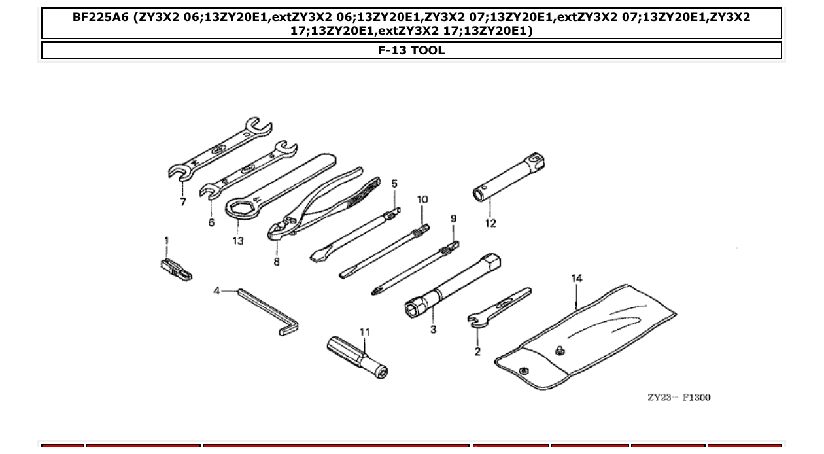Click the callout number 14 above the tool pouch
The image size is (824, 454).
(x=576, y=279)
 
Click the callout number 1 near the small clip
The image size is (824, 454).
(x=166, y=241)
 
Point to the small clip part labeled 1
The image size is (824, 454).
(x=175, y=269)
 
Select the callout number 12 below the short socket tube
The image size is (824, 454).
(x=490, y=223)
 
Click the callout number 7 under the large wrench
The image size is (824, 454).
(x=183, y=202)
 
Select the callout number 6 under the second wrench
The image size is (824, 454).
(x=211, y=222)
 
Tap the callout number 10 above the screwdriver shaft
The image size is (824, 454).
(x=422, y=200)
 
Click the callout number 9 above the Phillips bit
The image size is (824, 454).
(x=453, y=218)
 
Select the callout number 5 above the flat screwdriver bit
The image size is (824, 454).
(x=394, y=184)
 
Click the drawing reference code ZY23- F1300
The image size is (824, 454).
(x=678, y=398)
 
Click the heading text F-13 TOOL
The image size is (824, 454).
(x=411, y=50)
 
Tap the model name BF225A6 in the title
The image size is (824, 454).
(x=100, y=18)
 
